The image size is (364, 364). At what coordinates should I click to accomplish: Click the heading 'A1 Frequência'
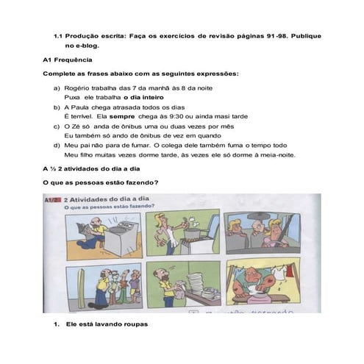click(68, 59)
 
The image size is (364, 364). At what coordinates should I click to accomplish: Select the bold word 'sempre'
click(121, 116)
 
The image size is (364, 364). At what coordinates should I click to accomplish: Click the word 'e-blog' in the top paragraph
click(87, 45)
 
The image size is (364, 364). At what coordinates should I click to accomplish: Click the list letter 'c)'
click(57, 126)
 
